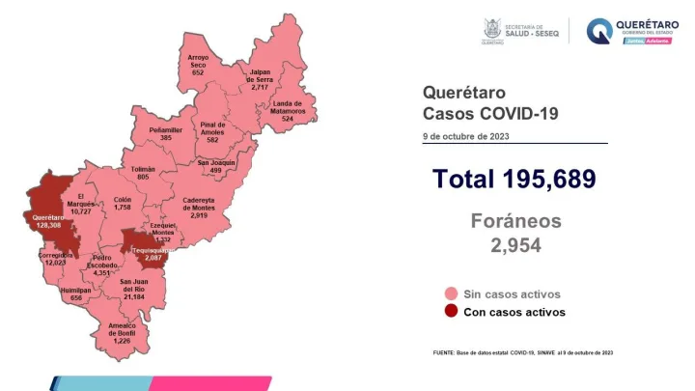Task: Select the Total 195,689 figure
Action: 514,179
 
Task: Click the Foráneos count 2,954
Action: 514,245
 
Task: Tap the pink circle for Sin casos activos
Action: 450,293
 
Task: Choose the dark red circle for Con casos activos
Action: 450,312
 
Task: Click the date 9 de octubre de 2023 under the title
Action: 465,136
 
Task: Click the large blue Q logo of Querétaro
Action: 600,31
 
